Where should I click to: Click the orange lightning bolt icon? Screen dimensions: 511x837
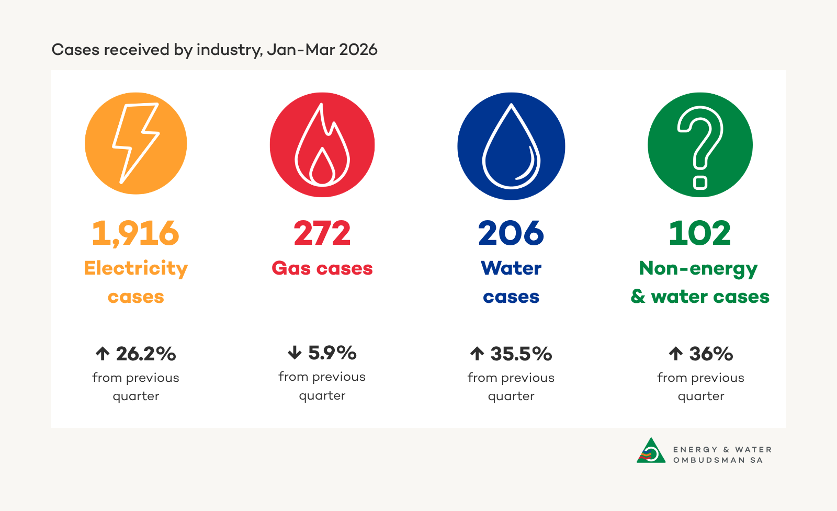coord(135,143)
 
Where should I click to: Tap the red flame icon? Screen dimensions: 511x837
coord(322,145)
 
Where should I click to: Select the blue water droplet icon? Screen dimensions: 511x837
coord(511,146)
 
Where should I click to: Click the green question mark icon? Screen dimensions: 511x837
coord(700,145)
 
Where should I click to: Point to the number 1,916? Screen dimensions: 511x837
coord(135,233)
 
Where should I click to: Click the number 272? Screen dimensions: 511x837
coord(322,233)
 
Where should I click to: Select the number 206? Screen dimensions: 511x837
coord(511,233)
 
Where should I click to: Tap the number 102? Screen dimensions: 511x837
coord(700,233)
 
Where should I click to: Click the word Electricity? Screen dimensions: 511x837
coord(135,268)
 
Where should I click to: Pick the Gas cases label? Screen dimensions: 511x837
coord(322,268)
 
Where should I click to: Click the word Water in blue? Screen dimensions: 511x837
coord(511,268)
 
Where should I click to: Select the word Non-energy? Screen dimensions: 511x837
coord(698,269)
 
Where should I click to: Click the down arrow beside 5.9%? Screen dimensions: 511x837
coord(295,353)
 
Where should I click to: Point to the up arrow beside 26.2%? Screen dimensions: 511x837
coord(103,354)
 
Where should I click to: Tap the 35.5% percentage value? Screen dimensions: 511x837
coord(521,354)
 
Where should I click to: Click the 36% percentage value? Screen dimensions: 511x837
coord(711,354)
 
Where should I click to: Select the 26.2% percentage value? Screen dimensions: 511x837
coord(146,354)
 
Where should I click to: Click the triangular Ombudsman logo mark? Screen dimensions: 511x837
coord(651,451)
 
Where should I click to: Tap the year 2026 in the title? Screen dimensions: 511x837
coord(358,50)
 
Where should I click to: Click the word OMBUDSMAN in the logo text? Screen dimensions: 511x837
coord(709,460)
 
